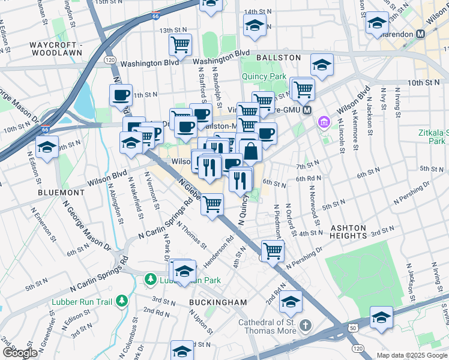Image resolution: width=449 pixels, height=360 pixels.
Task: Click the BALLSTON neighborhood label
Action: [278, 57]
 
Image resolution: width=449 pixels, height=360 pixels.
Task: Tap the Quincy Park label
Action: [264, 76]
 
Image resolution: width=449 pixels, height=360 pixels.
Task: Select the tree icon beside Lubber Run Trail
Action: [122, 299]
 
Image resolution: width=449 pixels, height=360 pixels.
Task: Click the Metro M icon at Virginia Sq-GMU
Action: [307, 110]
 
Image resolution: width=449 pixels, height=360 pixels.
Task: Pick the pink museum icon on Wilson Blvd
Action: [324, 123]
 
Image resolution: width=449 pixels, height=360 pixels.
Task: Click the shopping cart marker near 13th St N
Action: [180, 44]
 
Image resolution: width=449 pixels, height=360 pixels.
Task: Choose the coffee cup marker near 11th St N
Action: [121, 95]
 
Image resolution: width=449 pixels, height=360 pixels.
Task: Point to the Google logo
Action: [20, 353]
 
